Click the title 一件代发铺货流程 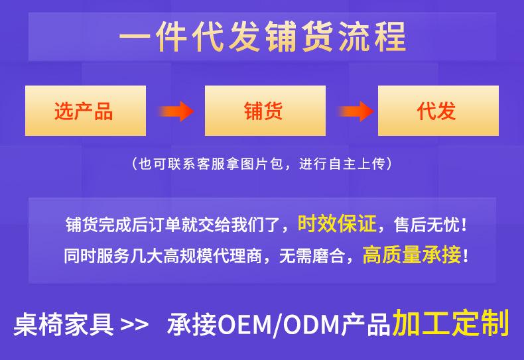pos(263,36)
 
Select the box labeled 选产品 pos(86,111)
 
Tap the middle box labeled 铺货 pos(265,111)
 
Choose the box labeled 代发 pos(438,111)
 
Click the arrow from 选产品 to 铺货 pos(176,111)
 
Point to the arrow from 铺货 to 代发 pos(356,111)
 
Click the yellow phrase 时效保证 pos(337,223)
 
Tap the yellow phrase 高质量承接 pos(412,255)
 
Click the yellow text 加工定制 pos(451,323)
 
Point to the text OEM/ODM pos(279,325)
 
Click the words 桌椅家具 pos(64,324)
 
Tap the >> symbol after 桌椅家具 pos(135,325)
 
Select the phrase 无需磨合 pos(312,255)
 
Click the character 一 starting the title pos(134,36)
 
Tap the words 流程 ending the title pos(372,36)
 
